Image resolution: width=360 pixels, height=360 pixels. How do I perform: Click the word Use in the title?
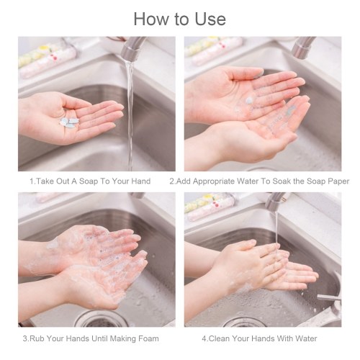point(210,19)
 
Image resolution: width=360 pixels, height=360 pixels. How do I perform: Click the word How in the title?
point(151,19)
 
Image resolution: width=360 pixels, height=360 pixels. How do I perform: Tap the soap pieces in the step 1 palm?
point(69,122)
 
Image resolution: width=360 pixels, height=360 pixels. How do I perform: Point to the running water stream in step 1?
point(130,115)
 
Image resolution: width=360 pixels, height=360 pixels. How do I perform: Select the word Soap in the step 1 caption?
point(89,181)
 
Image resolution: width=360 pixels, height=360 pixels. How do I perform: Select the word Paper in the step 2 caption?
point(339,181)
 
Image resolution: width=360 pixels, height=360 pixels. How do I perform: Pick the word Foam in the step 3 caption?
point(148,338)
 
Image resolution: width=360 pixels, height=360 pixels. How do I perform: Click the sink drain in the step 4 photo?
point(244,322)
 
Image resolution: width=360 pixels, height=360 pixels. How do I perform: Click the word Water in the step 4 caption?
point(306,338)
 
